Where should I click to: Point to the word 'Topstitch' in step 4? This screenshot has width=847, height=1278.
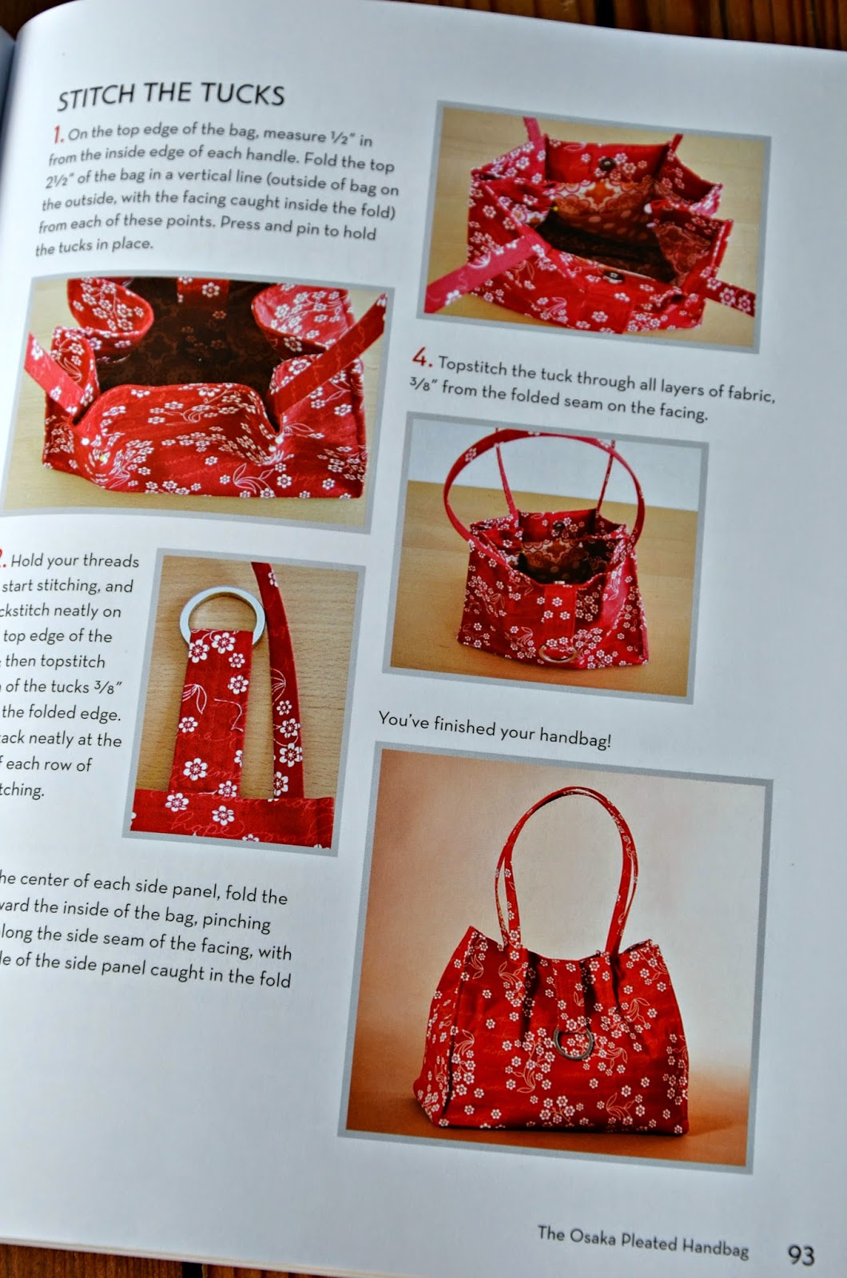474,367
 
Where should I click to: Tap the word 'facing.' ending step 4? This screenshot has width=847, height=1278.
682,412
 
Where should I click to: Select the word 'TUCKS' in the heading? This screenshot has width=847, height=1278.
242,95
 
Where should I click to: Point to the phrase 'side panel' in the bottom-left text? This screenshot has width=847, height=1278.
167,887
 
